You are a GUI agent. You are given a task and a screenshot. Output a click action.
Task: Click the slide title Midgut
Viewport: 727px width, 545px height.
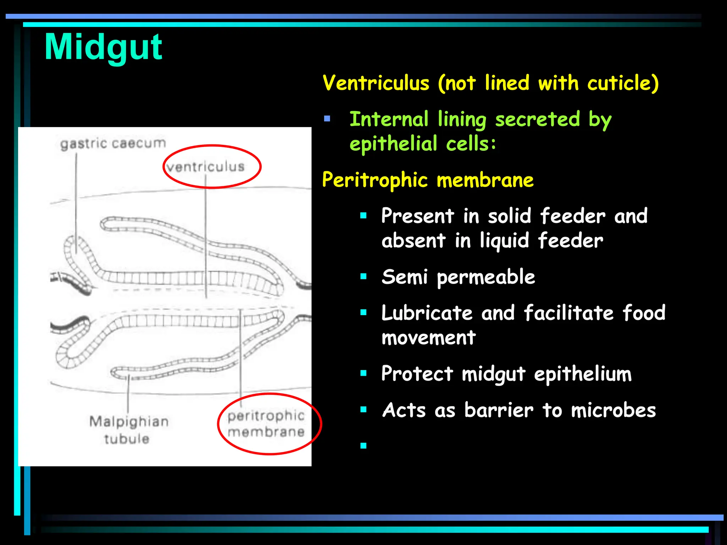pos(103,47)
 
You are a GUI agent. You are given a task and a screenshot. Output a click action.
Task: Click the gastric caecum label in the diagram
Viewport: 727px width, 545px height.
pos(113,144)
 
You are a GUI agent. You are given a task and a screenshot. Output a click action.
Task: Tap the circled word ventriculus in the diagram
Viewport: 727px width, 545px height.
pos(206,167)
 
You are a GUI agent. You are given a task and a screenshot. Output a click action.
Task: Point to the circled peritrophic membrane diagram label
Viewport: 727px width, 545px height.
pos(266,424)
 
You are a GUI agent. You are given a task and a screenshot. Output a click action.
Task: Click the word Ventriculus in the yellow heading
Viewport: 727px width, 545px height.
pos(376,83)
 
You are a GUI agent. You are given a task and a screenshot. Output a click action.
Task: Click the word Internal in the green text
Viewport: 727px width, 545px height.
pos(389,119)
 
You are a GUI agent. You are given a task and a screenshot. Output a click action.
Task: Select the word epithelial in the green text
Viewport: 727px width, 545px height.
pos(393,144)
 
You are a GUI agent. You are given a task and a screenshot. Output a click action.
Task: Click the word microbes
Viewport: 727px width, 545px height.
pos(613,411)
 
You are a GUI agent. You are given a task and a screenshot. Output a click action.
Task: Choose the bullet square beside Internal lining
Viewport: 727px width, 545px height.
pos(327,119)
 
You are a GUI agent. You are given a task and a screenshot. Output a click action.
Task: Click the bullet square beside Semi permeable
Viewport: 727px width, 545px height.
pos(363,277)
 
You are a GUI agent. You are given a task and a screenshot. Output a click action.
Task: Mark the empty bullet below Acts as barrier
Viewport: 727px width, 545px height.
pos(363,446)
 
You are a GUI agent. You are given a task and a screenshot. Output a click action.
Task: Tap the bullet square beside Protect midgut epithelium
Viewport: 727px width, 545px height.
pos(363,373)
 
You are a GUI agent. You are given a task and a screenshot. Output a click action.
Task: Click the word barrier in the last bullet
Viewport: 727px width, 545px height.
pos(499,411)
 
